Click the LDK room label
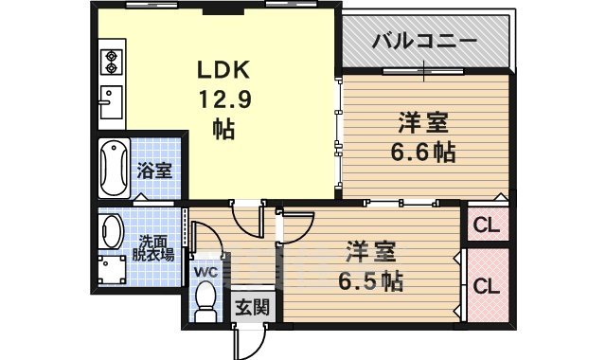223,69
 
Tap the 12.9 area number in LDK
223,99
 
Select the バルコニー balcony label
423,41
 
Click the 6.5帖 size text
371,280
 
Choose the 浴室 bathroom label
154,171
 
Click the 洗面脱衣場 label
152,247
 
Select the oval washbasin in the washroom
112,233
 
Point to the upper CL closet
487,225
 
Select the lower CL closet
487,285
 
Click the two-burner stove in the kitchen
111,59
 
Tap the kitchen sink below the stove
109,99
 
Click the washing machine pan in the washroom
115,271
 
